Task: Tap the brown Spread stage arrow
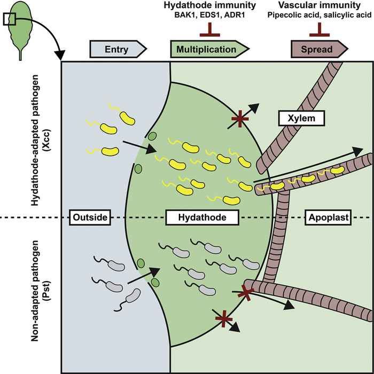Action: pos(320,49)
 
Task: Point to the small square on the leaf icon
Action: pos(10,19)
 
